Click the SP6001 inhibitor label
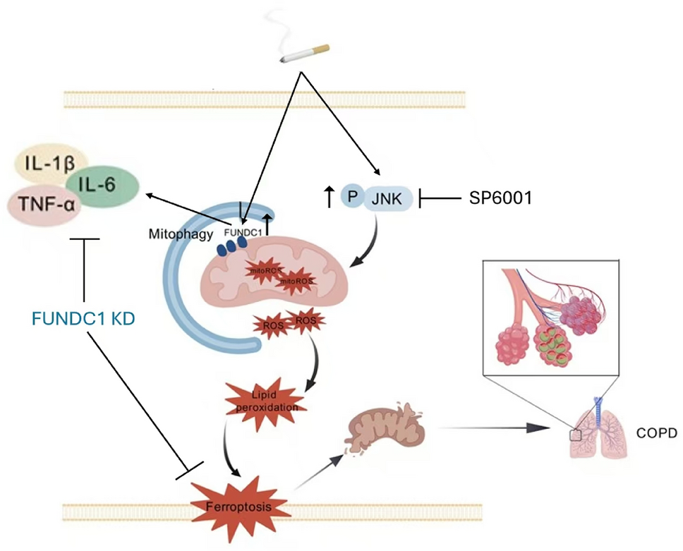tap(500, 199)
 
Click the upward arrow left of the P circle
tap(329, 198)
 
